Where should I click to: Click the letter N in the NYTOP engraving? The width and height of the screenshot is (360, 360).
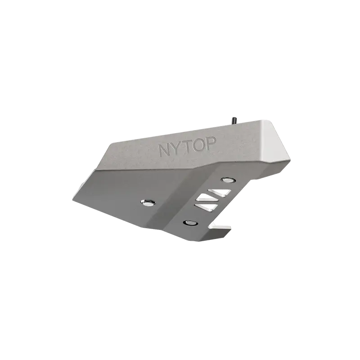[165, 151]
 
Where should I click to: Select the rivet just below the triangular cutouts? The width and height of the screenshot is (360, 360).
[190, 223]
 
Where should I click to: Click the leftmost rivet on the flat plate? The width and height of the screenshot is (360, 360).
[148, 202]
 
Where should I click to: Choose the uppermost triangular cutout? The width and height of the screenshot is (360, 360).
[220, 193]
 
